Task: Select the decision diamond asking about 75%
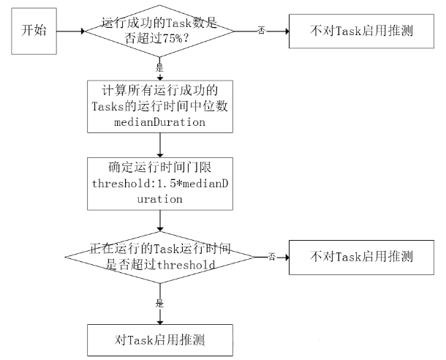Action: click(159, 32)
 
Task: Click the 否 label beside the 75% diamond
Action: click(261, 31)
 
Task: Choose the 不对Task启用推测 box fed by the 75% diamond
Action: click(361, 32)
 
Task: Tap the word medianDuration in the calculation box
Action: click(159, 122)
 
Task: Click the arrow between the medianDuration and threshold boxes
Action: click(159, 145)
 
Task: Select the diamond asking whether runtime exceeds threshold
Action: click(159, 257)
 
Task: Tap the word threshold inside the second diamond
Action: click(186, 265)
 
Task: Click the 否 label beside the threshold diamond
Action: click(271, 257)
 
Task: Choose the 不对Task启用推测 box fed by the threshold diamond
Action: click(361, 257)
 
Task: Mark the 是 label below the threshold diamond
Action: click(159, 301)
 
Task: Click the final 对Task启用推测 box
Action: click(159, 340)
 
